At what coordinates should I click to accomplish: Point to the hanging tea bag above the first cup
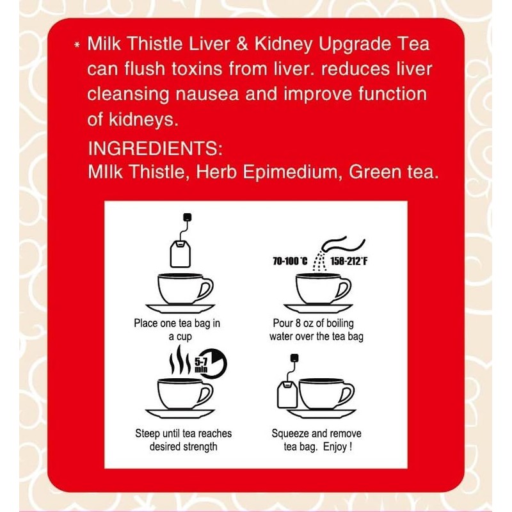point(180,252)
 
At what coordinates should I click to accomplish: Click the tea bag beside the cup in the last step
point(287,392)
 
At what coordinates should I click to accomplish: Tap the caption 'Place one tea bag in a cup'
point(177,330)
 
